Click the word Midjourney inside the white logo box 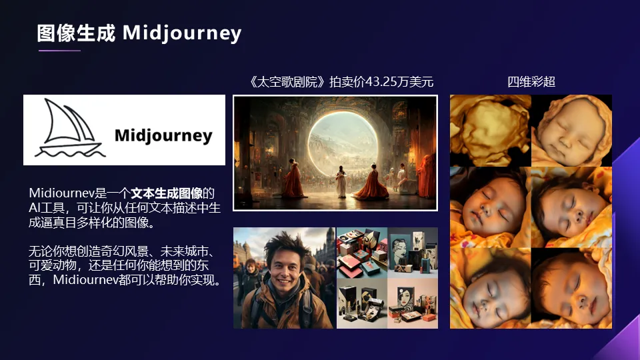coord(163,136)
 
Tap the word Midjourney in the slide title coord(182,33)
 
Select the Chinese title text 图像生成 coord(76,33)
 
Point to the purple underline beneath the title coord(59,51)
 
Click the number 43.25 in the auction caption coord(381,81)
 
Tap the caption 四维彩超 coord(531,81)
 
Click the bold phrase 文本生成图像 coord(167,193)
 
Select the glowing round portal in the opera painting coord(343,141)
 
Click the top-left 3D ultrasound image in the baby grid coord(490,131)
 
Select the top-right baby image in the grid coord(571,131)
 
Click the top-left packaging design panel coord(361,253)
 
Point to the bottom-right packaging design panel coord(413,303)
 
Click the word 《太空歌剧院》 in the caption coord(287,81)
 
